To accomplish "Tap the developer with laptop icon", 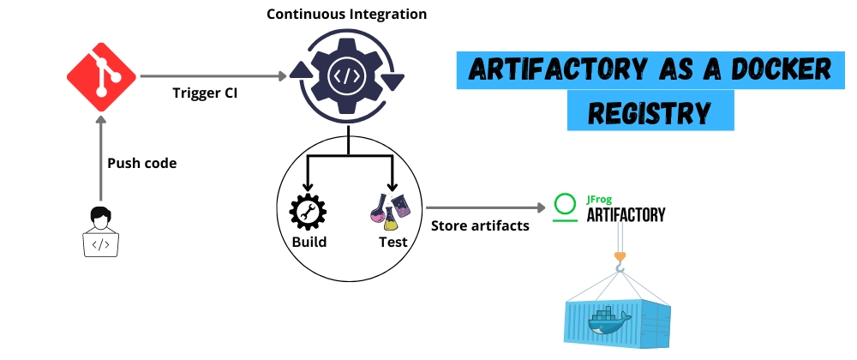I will [x=100, y=231].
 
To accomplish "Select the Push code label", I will [x=141, y=163].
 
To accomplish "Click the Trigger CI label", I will [x=205, y=93].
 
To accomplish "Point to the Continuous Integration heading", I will [x=347, y=15].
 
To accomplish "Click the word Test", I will [x=393, y=242].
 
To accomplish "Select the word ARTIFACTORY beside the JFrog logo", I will [x=626, y=214].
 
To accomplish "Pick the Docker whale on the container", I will [x=610, y=321].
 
